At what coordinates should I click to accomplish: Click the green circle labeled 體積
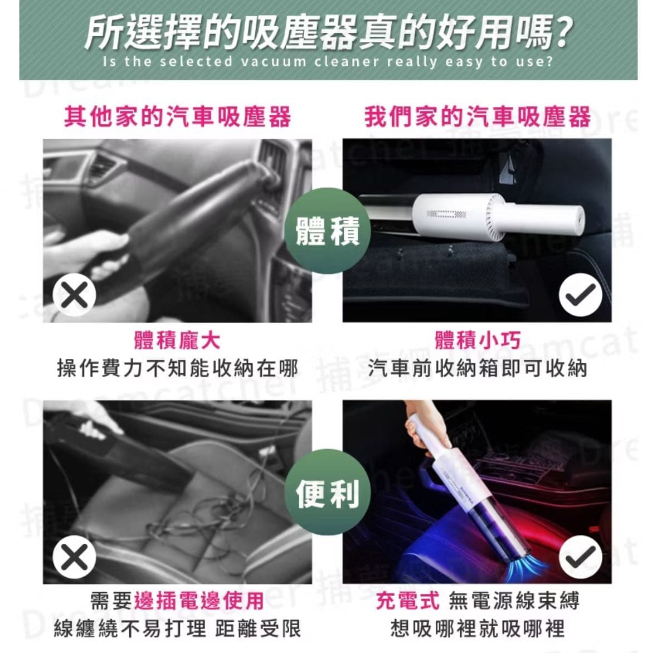pos(327,230)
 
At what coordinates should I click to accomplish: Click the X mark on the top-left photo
pos(74,294)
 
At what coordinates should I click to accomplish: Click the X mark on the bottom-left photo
pos(74,557)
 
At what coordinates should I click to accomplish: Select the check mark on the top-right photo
pos(580,295)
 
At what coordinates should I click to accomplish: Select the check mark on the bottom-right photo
pos(580,557)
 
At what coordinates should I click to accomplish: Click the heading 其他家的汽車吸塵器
pos(177,117)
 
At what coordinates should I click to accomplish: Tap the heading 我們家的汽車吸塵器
pos(477,117)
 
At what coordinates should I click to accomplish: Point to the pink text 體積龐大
pos(177,340)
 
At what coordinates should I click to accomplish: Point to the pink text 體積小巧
pos(477,340)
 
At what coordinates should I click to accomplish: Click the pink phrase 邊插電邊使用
pos(199,601)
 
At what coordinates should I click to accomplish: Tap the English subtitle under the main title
pos(328,61)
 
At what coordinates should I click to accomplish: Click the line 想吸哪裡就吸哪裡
pos(477,628)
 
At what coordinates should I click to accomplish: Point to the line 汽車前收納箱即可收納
pos(477,368)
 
